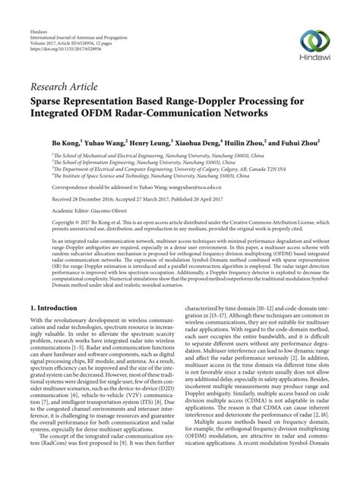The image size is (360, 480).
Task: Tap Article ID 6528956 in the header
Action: (85, 21)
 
